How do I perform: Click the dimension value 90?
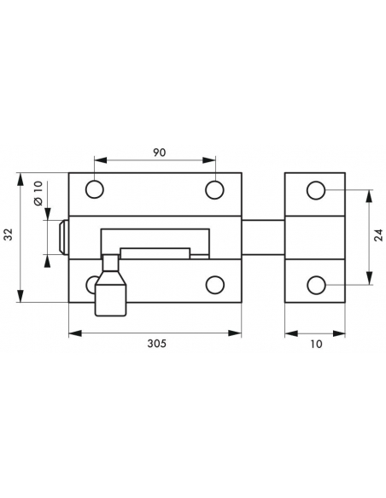(160, 153)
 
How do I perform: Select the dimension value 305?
(156, 344)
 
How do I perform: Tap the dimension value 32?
(9, 234)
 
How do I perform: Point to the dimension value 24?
(378, 235)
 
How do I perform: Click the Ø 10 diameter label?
(38, 193)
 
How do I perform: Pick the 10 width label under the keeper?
(316, 344)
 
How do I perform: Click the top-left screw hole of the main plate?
(95, 189)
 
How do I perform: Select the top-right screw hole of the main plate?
(214, 189)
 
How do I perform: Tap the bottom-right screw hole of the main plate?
(215, 285)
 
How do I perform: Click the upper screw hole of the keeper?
(316, 190)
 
